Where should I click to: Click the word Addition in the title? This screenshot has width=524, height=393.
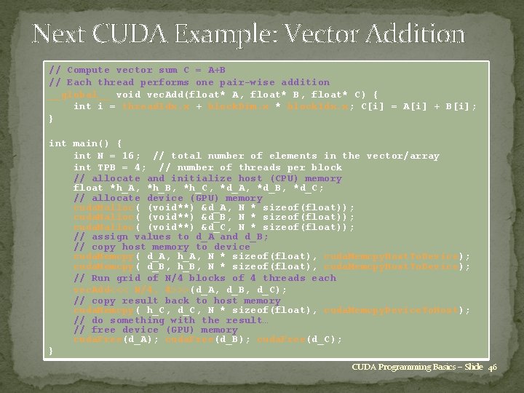[x=417, y=34]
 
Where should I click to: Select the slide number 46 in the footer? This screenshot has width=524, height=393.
[x=493, y=367]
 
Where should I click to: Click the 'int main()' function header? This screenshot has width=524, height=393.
[x=85, y=143]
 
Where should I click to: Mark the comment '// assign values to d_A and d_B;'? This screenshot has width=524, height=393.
[x=171, y=237]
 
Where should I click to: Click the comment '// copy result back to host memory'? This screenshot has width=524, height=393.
[x=177, y=300]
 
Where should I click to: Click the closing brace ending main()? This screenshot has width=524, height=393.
[x=51, y=352]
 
